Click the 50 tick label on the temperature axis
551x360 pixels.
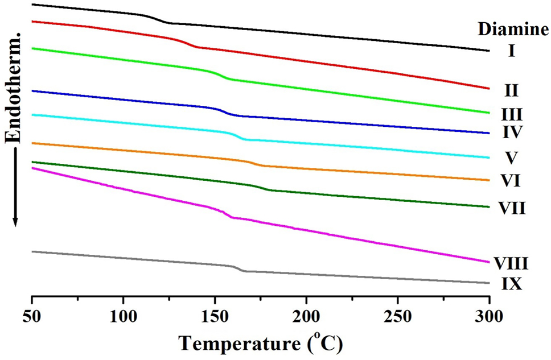coord(32,316)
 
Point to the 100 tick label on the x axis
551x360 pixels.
coord(124,316)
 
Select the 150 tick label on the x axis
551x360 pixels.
coord(215,316)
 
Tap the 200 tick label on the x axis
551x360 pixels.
coord(306,316)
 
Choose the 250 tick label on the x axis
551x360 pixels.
coord(397,316)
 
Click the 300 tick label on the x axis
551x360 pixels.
coord(489,316)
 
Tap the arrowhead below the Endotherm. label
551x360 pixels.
coord(16,221)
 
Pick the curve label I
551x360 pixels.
coord(511,52)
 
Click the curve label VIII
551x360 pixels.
coord(512,263)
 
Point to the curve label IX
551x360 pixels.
coord(511,283)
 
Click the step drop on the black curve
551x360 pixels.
coord(157,19)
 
